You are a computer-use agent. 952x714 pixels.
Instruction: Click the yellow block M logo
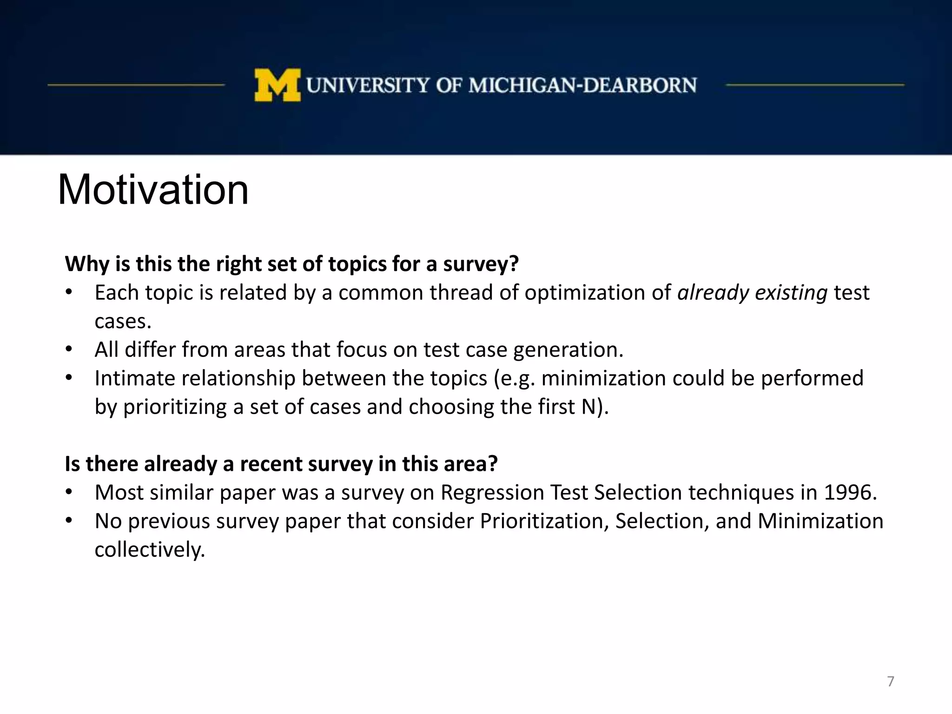coord(278,85)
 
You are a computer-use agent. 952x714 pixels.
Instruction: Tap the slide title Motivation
coord(153,190)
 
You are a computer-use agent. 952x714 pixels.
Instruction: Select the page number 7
coord(890,681)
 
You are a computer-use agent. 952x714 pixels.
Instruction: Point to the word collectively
coord(149,550)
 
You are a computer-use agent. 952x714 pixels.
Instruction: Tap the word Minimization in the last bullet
coord(820,521)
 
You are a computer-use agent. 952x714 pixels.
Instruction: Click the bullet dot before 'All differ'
coord(69,350)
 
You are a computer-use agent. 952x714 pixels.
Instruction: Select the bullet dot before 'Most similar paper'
coord(69,492)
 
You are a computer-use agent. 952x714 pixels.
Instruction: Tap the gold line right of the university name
coord(814,85)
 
